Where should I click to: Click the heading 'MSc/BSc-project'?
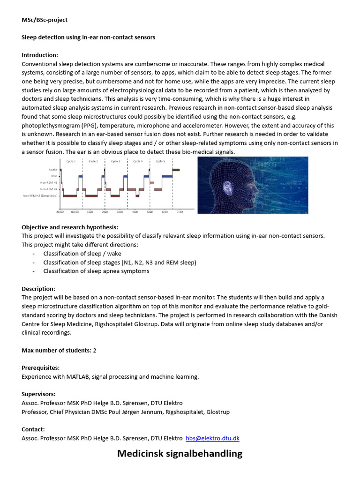coord(45,20)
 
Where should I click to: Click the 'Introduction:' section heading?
coord(40,55)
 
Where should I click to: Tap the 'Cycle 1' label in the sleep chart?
coord(71,161)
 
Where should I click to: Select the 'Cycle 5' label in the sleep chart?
coord(160,161)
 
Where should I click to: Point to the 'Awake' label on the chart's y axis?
coord(52,170)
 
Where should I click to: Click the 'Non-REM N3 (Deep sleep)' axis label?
coord(40,196)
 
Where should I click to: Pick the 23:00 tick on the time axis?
coord(60,212)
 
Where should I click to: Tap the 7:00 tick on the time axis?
coord(179,212)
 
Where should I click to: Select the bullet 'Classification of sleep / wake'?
coord(82,254)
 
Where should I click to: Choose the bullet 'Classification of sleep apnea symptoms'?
coord(96,271)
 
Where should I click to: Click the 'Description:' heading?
coord(38,289)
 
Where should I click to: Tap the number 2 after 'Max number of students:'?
coord(94,351)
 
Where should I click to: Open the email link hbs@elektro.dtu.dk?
coord(212,438)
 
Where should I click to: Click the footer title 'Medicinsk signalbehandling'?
coord(180,454)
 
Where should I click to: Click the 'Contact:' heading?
coord(33,429)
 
